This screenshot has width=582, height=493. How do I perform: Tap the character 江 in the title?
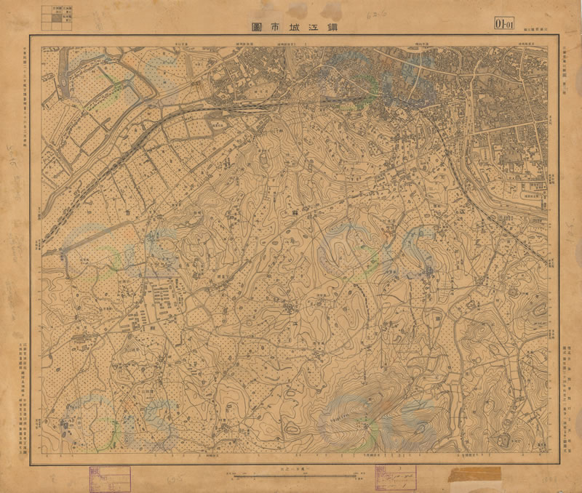point(317,25)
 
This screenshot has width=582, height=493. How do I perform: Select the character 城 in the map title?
point(291,25)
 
